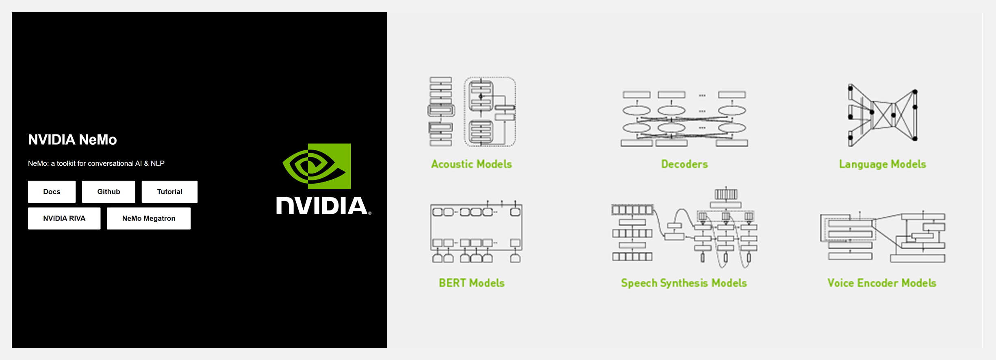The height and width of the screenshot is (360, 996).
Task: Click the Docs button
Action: point(52,192)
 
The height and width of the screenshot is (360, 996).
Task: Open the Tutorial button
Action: point(169,192)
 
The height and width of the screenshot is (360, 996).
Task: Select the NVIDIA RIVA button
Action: point(64,219)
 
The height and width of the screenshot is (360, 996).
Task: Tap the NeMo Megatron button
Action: point(149,219)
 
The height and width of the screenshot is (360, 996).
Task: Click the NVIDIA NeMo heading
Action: point(72,140)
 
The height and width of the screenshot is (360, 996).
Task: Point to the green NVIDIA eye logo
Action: point(317,166)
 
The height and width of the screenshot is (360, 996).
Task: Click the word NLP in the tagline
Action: point(158,163)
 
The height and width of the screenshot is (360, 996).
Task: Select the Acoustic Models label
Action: point(471,164)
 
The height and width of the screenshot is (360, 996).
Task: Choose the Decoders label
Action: point(684,164)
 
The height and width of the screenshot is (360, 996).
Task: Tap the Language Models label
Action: point(883,164)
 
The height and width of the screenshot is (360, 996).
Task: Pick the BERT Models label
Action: point(472,283)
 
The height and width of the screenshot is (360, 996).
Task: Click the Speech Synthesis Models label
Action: point(684,283)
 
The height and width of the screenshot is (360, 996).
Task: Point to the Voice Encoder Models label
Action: point(882,283)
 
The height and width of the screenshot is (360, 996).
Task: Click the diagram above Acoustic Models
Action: point(472,112)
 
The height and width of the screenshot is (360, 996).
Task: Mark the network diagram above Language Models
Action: point(882,115)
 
